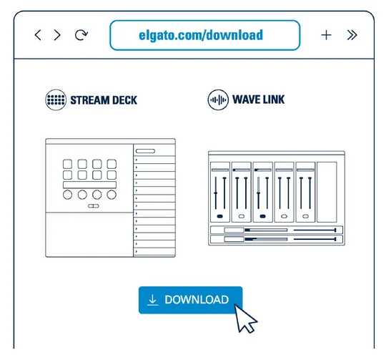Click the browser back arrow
point(38,35)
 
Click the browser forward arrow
point(57,35)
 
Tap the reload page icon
point(81,35)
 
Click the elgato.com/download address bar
point(205,35)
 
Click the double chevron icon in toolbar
point(352,35)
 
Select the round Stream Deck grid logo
point(56,99)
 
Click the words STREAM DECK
point(104,100)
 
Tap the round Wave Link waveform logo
point(218,99)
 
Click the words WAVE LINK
point(259,99)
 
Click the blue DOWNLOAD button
point(191,300)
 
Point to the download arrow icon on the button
point(153,300)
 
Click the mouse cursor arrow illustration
point(244,318)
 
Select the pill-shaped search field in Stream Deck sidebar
point(145,151)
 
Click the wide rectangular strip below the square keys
point(89,185)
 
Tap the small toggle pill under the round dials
point(94,206)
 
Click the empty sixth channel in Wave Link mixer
point(327,192)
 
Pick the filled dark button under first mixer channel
point(220,216)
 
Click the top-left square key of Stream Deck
point(67,164)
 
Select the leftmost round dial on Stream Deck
point(67,195)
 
